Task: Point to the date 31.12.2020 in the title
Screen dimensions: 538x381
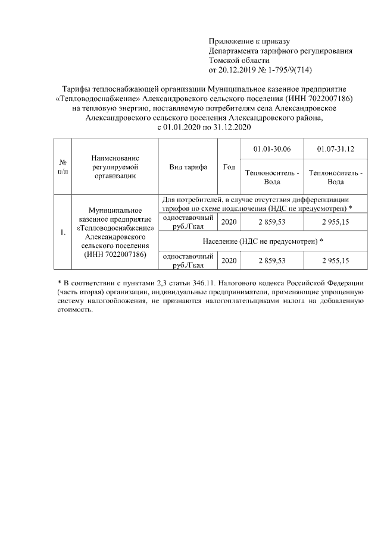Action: pos(232,127)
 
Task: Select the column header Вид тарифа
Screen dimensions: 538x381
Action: pos(188,167)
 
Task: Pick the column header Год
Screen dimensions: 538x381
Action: pos(229,167)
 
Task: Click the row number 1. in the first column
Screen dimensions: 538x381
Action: pos(63,232)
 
